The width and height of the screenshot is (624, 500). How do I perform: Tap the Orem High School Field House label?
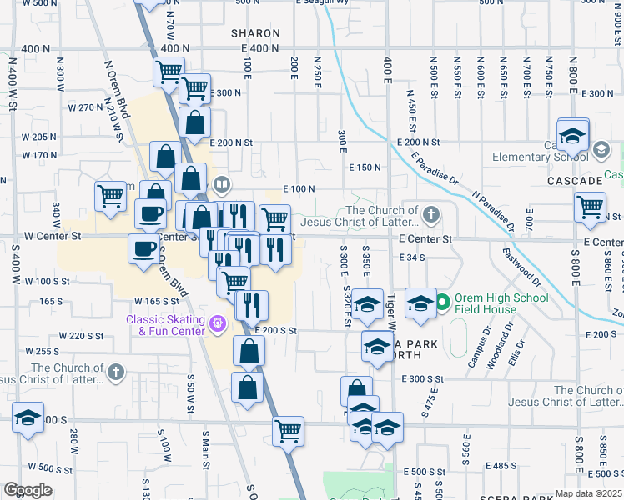495,306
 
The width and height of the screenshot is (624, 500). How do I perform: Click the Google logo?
28,489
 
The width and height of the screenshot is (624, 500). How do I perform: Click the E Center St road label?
425,239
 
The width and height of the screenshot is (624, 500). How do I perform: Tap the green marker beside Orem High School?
442,301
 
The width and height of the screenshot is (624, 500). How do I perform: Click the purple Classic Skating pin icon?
219,322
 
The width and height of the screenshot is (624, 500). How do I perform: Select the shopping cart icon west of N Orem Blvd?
110,197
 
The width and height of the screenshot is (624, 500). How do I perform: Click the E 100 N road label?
299,190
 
